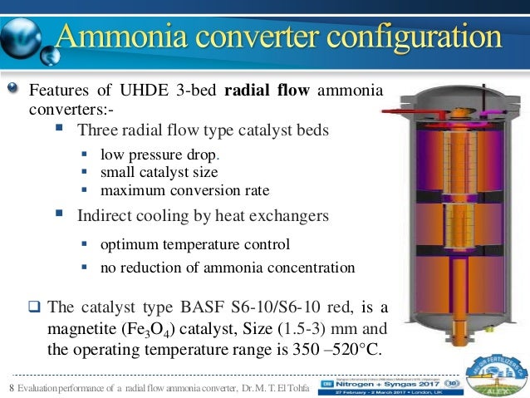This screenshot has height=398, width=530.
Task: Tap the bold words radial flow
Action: [x=266, y=90]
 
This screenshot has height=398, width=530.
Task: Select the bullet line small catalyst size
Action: [x=159, y=173]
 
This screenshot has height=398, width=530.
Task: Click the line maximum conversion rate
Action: [x=184, y=190]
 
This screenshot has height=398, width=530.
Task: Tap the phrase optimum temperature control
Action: [x=195, y=245]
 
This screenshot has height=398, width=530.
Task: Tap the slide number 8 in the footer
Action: [x=11, y=385]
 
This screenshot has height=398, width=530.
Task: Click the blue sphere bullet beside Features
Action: [x=13, y=90]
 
